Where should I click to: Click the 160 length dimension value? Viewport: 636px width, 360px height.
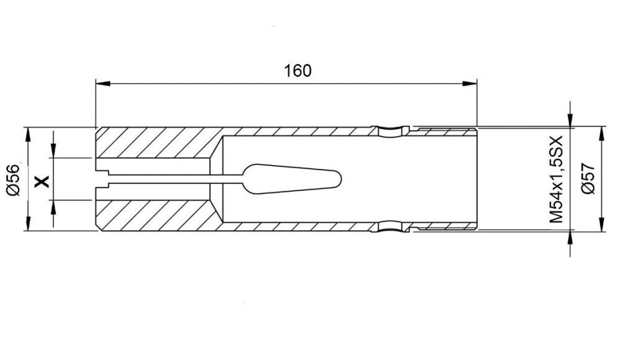pyautogui.click(x=298, y=71)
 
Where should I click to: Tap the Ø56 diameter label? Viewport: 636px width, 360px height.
pyautogui.click(x=14, y=179)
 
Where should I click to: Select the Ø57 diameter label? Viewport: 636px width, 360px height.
pyautogui.click(x=588, y=178)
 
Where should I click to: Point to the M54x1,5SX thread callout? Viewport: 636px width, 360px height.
pyautogui.click(x=556, y=179)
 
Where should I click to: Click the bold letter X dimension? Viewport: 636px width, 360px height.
pyautogui.click(x=42, y=181)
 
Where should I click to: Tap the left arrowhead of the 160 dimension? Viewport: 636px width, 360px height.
pyautogui.click(x=102, y=84)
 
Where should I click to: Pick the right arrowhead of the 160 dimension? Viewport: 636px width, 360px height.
pyautogui.click(x=470, y=84)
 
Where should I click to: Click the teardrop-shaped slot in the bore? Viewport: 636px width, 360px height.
pyautogui.click(x=291, y=179)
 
